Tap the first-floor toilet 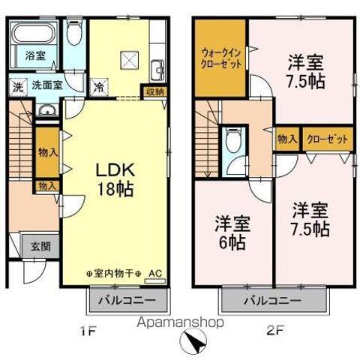pyautogui.click(x=74, y=32)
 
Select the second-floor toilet pyautogui.click(x=234, y=140)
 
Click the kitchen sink pyautogui.click(x=157, y=70)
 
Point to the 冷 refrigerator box pyautogui.click(x=99, y=87)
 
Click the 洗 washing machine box pyautogui.click(x=17, y=87)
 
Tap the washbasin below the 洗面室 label pyautogui.click(x=47, y=109)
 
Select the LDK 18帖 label pyautogui.click(x=115, y=179)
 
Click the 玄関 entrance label pyautogui.click(x=40, y=246)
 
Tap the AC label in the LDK pyautogui.click(x=155, y=274)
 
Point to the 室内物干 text pyautogui.click(x=113, y=274)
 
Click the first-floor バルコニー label pyautogui.click(x=127, y=300)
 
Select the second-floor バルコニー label pyautogui.click(x=273, y=300)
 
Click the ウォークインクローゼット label pyautogui.click(x=221, y=59)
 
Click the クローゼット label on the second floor pyautogui.click(x=328, y=139)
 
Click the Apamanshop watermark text pyautogui.click(x=180, y=322)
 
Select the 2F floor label pyautogui.click(x=274, y=331)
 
